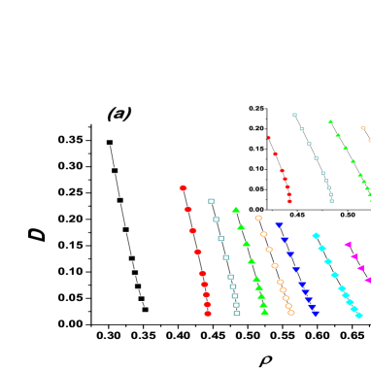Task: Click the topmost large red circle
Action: coord(183,188)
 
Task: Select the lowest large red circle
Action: coord(208,314)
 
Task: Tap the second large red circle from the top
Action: coord(187,210)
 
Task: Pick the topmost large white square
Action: coord(211,201)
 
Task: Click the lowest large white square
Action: coord(237,313)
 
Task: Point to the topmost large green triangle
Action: coord(236,209)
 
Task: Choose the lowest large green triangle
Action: coord(265,312)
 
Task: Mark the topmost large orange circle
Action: coord(258,218)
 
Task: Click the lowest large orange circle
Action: coord(291,313)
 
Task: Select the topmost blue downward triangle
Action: coord(279,225)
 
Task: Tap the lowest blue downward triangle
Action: coord(316,314)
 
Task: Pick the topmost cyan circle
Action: coord(316,235)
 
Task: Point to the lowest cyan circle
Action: coord(359,315)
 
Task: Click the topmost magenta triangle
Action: coord(348,244)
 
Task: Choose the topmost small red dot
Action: coord(269,138)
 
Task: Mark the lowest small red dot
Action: coord(289,201)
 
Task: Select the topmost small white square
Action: coord(294,115)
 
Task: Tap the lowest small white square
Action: coord(332,201)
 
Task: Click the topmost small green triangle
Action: coord(330,121)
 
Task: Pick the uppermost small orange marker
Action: coord(363,127)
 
